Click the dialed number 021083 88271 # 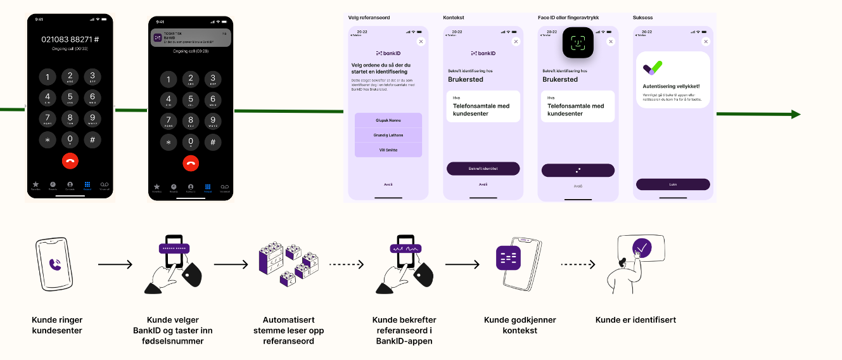(70, 39)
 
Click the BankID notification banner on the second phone (191, 38)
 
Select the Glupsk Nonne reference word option (388, 120)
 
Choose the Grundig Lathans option (388, 135)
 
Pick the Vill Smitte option (388, 150)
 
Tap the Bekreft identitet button (483, 169)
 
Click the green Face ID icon (578, 43)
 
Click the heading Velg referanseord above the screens (368, 18)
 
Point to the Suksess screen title (642, 18)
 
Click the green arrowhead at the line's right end (796, 114)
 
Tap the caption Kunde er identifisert (635, 320)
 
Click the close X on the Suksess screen (706, 41)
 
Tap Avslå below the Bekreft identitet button (483, 184)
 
